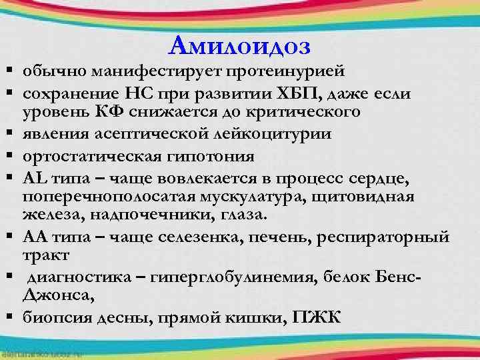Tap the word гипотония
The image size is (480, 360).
coord(211,157)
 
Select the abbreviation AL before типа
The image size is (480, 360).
coord(33,179)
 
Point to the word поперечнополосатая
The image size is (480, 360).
coord(109,197)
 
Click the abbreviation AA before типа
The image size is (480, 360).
coord(34,237)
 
